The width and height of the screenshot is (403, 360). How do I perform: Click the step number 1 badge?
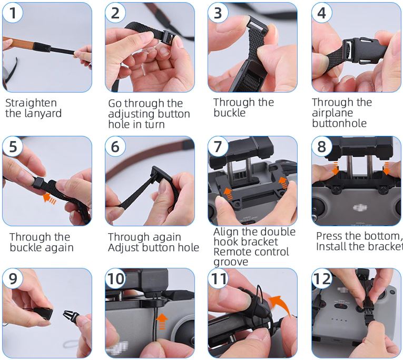point(13,13)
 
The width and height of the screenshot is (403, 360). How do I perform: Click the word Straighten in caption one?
point(31,103)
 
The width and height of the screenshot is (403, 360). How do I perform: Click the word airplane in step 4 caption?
point(332,113)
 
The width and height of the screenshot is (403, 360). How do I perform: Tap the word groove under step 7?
point(230,262)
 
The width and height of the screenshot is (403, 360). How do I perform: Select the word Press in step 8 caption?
point(329,236)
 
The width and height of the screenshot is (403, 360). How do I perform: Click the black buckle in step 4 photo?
point(354,48)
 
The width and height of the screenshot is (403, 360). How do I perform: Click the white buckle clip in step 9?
point(70,318)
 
